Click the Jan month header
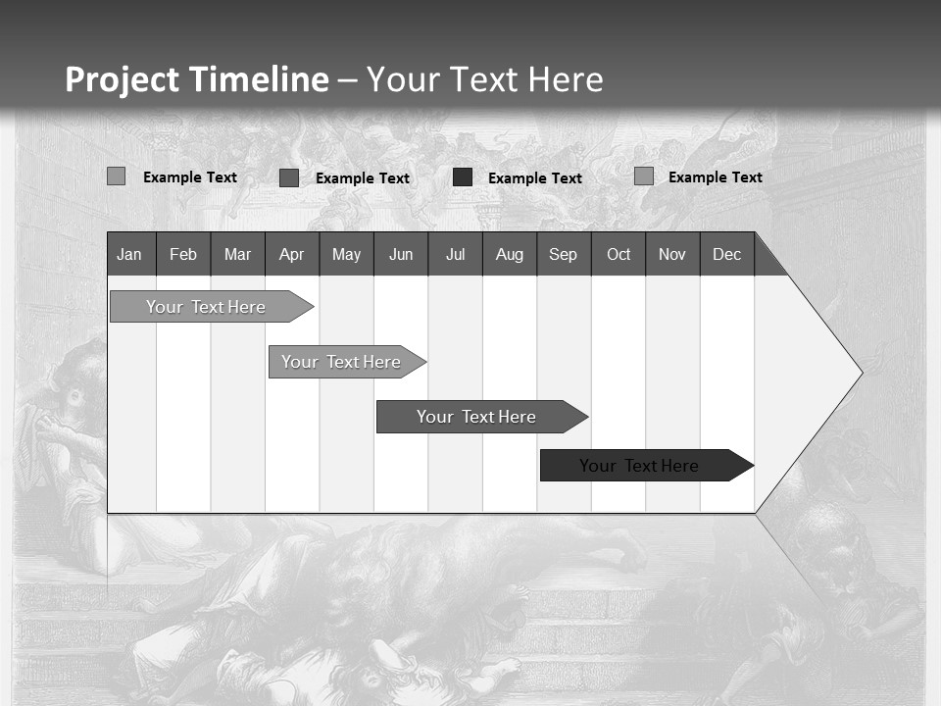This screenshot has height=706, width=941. [129, 254]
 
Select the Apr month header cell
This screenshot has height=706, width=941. [292, 254]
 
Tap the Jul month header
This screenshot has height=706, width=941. [455, 254]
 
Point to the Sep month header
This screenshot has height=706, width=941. [563, 254]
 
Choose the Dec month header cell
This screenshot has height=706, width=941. [726, 254]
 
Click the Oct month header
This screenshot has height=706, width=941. [619, 254]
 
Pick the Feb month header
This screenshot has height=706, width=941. [183, 254]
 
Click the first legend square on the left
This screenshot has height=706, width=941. [116, 176]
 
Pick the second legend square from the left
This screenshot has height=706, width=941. [288, 177]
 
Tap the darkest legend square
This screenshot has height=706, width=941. [463, 177]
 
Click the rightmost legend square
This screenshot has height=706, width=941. [643, 176]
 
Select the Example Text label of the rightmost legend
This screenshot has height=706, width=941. [715, 177]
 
